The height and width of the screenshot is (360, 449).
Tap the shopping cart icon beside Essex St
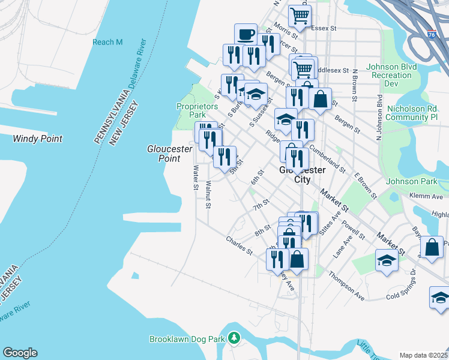(x=299, y=15)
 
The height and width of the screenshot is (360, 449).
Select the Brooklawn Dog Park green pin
(x=234, y=339)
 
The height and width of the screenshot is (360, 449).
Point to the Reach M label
(x=107, y=42)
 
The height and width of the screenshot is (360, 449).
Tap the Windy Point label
(x=37, y=139)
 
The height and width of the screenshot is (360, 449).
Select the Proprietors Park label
(x=197, y=110)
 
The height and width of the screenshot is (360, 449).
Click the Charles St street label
(x=239, y=245)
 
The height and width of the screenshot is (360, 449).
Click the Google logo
(x=20, y=353)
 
